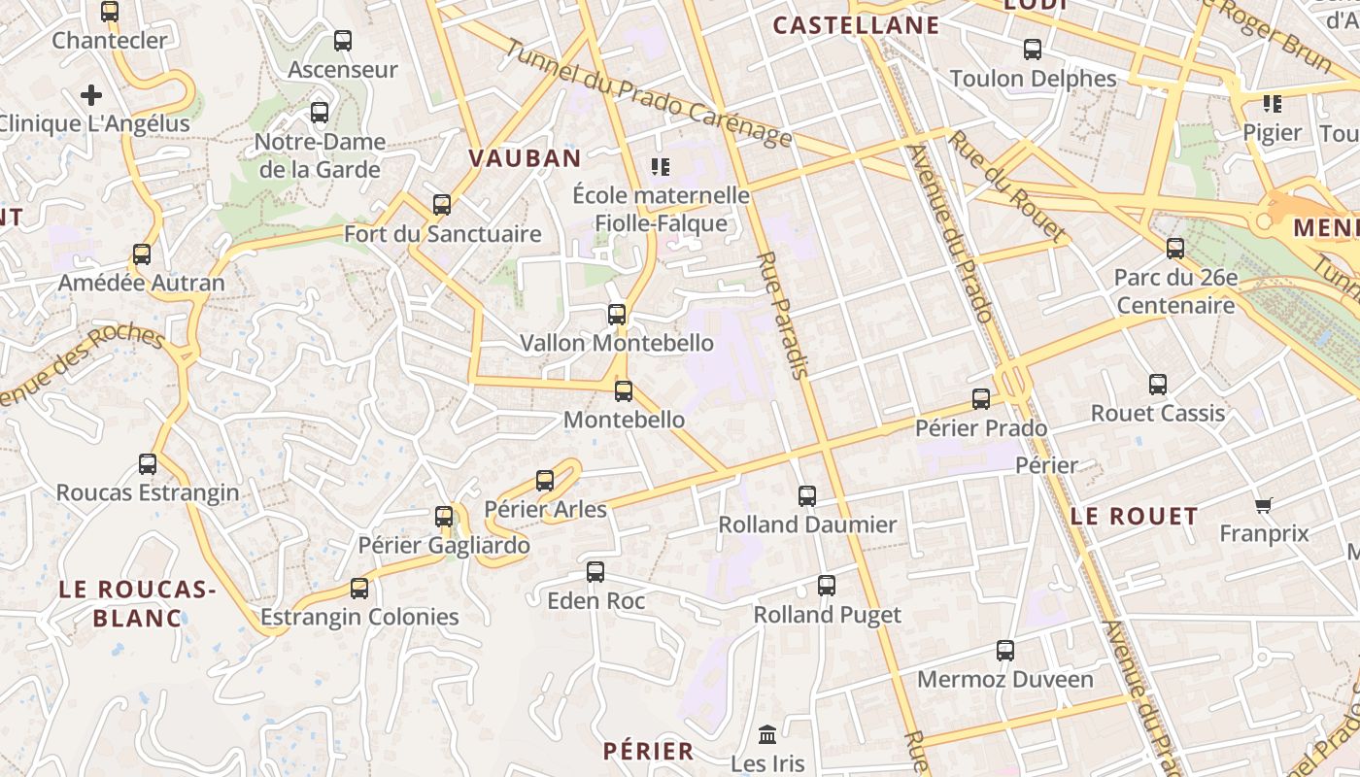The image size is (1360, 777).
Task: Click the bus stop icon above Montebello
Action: pyautogui.click(x=624, y=391)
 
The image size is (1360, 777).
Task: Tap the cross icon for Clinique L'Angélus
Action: pyautogui.click(x=91, y=95)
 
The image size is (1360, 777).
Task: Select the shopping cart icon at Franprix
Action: pyautogui.click(x=1263, y=505)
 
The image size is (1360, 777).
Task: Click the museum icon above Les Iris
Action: pyautogui.click(x=767, y=734)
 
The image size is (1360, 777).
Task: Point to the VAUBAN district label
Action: pyautogui.click(x=525, y=158)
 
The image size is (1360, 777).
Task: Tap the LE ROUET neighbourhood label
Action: pyautogui.click(x=1134, y=517)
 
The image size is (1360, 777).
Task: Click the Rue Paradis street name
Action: pyautogui.click(x=783, y=315)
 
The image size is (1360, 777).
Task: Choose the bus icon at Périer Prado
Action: pyautogui.click(x=981, y=399)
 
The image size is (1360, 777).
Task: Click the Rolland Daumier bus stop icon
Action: pyautogui.click(x=807, y=496)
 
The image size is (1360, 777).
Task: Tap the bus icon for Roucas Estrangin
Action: pyautogui.click(x=148, y=464)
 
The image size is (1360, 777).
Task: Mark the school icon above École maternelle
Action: pyautogui.click(x=661, y=167)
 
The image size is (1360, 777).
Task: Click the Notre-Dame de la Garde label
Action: pyautogui.click(x=320, y=155)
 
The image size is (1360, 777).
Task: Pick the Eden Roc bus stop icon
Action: pyautogui.click(x=595, y=572)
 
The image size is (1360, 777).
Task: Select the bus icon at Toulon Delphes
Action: pyautogui.click(x=1033, y=50)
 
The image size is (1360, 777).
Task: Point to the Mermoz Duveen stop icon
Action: pyautogui.click(x=1005, y=651)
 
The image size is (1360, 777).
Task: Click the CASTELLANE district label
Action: pyautogui.click(x=856, y=26)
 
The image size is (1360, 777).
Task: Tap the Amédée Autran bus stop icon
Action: pyautogui.click(x=142, y=254)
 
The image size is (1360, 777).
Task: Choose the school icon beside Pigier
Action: pyautogui.click(x=1272, y=104)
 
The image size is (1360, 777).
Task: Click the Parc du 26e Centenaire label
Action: pyautogui.click(x=1175, y=291)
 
